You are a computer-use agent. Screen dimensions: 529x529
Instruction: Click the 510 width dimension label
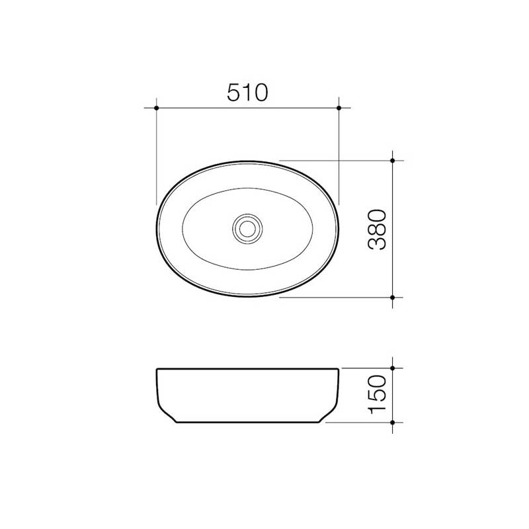point(247,93)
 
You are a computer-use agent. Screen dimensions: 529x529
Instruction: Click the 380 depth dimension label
point(377,229)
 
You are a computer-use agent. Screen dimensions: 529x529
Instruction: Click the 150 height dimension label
point(377,394)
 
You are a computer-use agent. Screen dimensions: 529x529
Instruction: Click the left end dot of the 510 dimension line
point(156,107)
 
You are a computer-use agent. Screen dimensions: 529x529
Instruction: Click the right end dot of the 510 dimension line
point(339,107)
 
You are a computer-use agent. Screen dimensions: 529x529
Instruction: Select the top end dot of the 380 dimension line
point(393,160)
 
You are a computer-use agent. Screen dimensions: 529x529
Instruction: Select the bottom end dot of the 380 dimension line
point(393,298)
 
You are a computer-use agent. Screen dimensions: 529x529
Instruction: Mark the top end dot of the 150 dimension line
point(393,368)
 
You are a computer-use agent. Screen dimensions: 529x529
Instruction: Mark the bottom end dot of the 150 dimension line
point(393,422)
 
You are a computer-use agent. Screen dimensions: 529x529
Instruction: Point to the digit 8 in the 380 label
point(377,229)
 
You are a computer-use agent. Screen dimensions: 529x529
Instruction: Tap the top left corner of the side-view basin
point(157,369)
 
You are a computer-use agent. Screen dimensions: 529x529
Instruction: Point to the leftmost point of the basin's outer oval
point(157,229)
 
